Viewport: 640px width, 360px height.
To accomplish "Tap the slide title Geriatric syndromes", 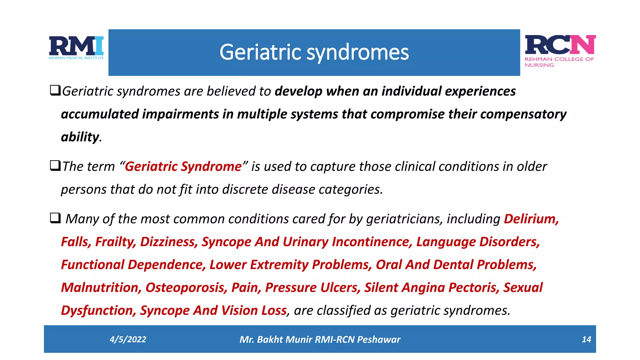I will [314, 52].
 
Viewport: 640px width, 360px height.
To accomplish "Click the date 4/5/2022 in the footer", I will [128, 339].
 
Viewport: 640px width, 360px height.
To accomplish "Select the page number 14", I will [586, 339].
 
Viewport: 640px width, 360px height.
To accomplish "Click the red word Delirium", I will [531, 219].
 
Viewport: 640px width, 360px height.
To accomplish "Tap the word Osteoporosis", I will [186, 287].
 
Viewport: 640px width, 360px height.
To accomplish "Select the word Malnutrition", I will [101, 287].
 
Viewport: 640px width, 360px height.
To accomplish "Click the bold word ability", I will [80, 137].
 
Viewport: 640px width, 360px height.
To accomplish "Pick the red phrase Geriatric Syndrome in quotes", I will [183, 167].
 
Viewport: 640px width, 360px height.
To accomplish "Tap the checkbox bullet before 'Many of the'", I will [55, 218].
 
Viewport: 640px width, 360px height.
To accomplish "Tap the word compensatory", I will [523, 114].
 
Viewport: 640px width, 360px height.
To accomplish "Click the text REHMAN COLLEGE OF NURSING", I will [559, 62].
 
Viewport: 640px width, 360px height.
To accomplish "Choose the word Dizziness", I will [169, 242].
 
